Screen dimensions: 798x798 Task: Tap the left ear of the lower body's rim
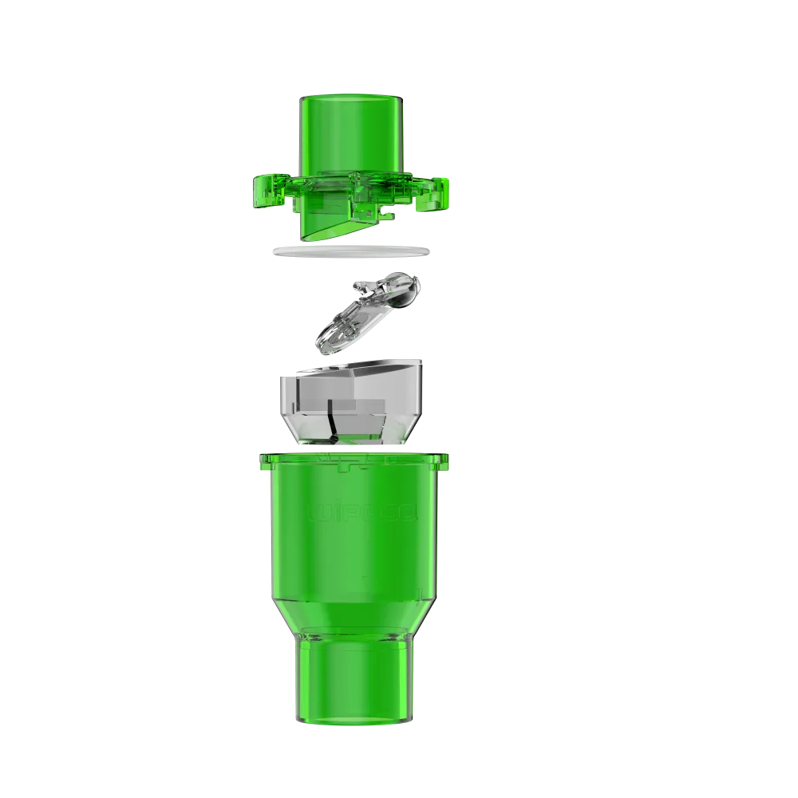click(x=263, y=461)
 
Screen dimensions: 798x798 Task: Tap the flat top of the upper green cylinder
click(x=352, y=97)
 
